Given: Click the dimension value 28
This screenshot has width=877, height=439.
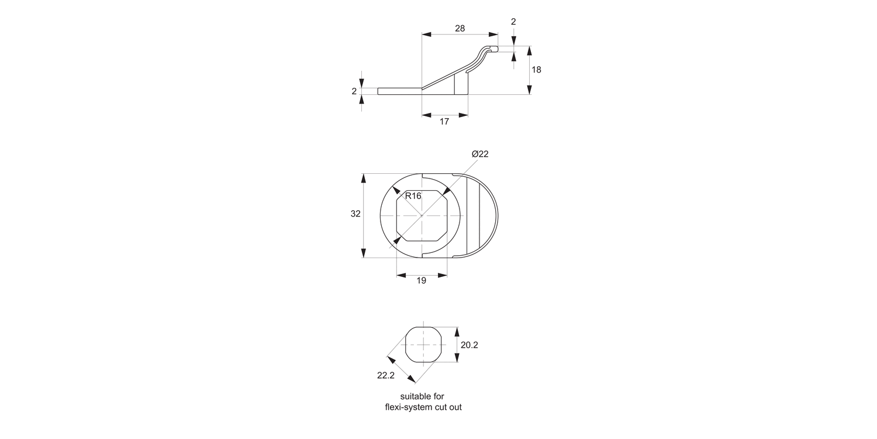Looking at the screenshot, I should (x=460, y=28).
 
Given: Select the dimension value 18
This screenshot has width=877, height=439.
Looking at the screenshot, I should (x=536, y=70).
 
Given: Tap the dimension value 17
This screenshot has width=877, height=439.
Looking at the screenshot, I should (x=444, y=122).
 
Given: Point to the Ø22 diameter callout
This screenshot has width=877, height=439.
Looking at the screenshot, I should (x=480, y=154).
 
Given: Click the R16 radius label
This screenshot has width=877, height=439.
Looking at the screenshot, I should (x=413, y=196).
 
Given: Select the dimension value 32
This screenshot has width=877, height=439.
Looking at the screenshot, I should (x=355, y=214).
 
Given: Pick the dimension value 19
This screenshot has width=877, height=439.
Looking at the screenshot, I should (x=421, y=281).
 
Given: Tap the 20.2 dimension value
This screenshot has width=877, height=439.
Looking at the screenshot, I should (x=469, y=345).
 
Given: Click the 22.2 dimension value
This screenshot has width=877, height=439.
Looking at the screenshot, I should (x=386, y=375).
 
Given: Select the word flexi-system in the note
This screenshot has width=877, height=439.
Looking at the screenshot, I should (x=409, y=407).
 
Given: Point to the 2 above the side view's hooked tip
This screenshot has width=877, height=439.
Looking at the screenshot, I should (x=513, y=22).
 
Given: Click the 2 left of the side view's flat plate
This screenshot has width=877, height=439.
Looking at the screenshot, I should (x=354, y=91).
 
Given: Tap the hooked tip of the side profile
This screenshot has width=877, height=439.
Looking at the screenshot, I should (x=495, y=49).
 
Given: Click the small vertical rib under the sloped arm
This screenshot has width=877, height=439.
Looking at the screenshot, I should (x=455, y=85).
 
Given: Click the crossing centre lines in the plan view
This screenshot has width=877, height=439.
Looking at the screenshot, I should (x=422, y=215).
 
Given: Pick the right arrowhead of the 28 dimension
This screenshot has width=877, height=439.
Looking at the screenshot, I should (x=493, y=35).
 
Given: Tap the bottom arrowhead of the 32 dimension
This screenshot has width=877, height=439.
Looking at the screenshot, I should (x=363, y=253).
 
